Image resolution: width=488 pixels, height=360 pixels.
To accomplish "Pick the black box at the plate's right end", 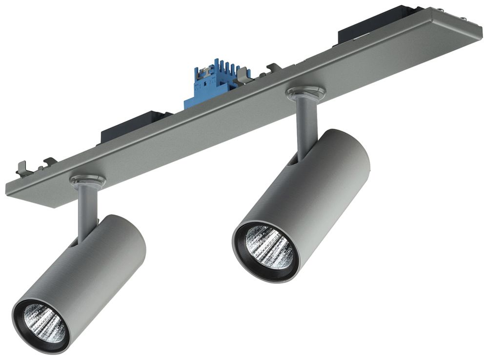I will (376, 22).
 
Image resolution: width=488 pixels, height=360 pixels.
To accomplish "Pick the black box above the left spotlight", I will (132, 126).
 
